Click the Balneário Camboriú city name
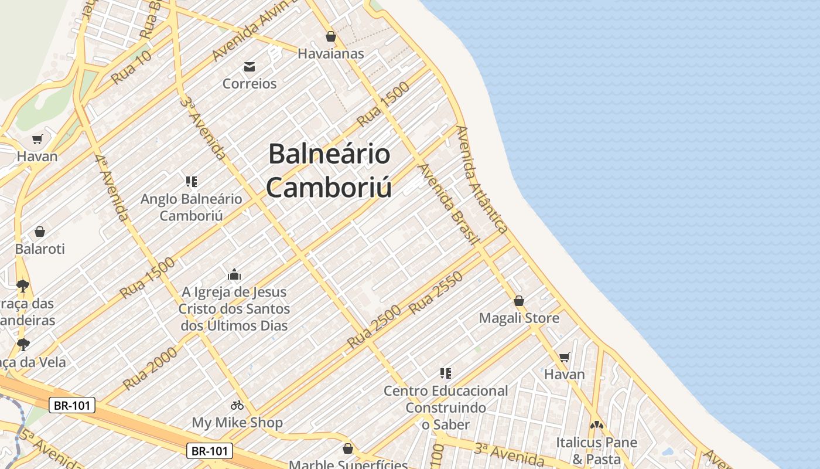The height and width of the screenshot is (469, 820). [x=329, y=171]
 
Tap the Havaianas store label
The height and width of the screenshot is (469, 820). [x=330, y=53]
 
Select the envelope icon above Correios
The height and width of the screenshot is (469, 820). [x=250, y=66]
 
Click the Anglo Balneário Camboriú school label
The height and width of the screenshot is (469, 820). [x=191, y=207]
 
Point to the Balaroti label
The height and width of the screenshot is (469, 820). [x=40, y=249]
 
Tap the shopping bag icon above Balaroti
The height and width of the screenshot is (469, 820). [x=40, y=232]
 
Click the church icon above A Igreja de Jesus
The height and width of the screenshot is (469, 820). [x=234, y=274]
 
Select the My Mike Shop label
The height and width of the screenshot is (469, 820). [x=237, y=422]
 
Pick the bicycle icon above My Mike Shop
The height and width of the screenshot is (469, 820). [x=237, y=405]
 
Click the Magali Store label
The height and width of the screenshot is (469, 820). [x=519, y=318]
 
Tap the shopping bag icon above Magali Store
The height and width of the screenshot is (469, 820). [x=518, y=301]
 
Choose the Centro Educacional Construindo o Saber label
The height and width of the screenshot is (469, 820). [x=446, y=407]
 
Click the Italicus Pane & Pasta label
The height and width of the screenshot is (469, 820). [x=596, y=450]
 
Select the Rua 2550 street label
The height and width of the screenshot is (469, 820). [x=436, y=293]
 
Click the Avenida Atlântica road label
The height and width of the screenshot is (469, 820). [x=481, y=179]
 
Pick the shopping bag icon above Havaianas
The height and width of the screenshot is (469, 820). [x=331, y=36]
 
